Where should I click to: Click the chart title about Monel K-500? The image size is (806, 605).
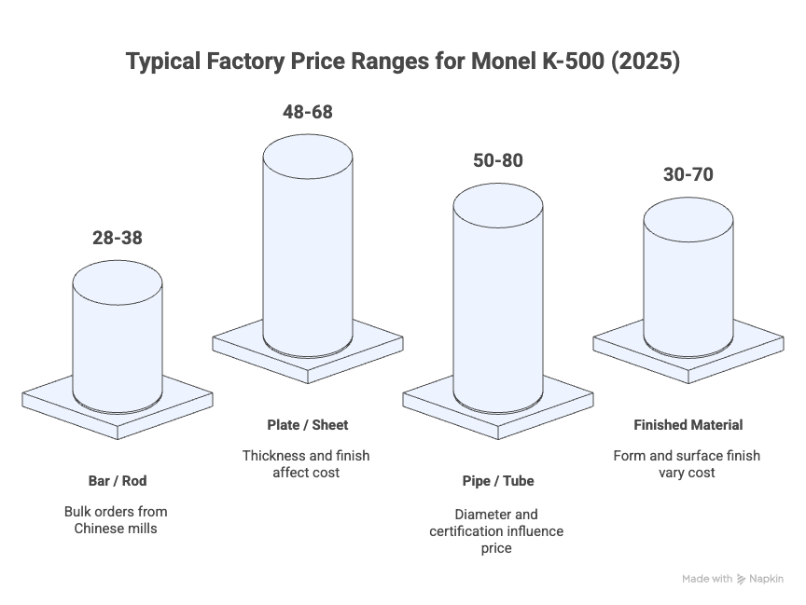click(x=403, y=62)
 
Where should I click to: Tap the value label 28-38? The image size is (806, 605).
click(x=118, y=238)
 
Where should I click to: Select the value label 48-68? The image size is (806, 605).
click(x=308, y=112)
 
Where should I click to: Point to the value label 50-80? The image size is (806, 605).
click(x=497, y=160)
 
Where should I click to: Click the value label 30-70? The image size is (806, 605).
click(x=688, y=174)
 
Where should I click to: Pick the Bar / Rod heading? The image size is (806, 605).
click(x=118, y=481)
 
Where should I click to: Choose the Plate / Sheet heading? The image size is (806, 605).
click(x=308, y=425)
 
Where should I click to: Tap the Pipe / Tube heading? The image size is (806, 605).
click(x=497, y=481)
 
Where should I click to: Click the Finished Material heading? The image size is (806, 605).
click(x=688, y=425)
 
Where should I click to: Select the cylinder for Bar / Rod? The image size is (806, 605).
click(x=118, y=336)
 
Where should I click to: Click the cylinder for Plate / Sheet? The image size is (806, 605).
click(x=308, y=242)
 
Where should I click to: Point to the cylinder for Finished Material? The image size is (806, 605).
click(x=688, y=280)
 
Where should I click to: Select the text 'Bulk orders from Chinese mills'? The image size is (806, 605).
click(x=118, y=520)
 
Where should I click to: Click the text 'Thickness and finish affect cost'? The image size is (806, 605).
click(x=308, y=463)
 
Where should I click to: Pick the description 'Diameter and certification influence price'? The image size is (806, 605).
click(x=497, y=531)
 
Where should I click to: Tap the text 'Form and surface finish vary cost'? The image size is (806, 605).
click(x=688, y=463)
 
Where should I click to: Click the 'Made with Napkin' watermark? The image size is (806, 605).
click(x=732, y=579)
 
